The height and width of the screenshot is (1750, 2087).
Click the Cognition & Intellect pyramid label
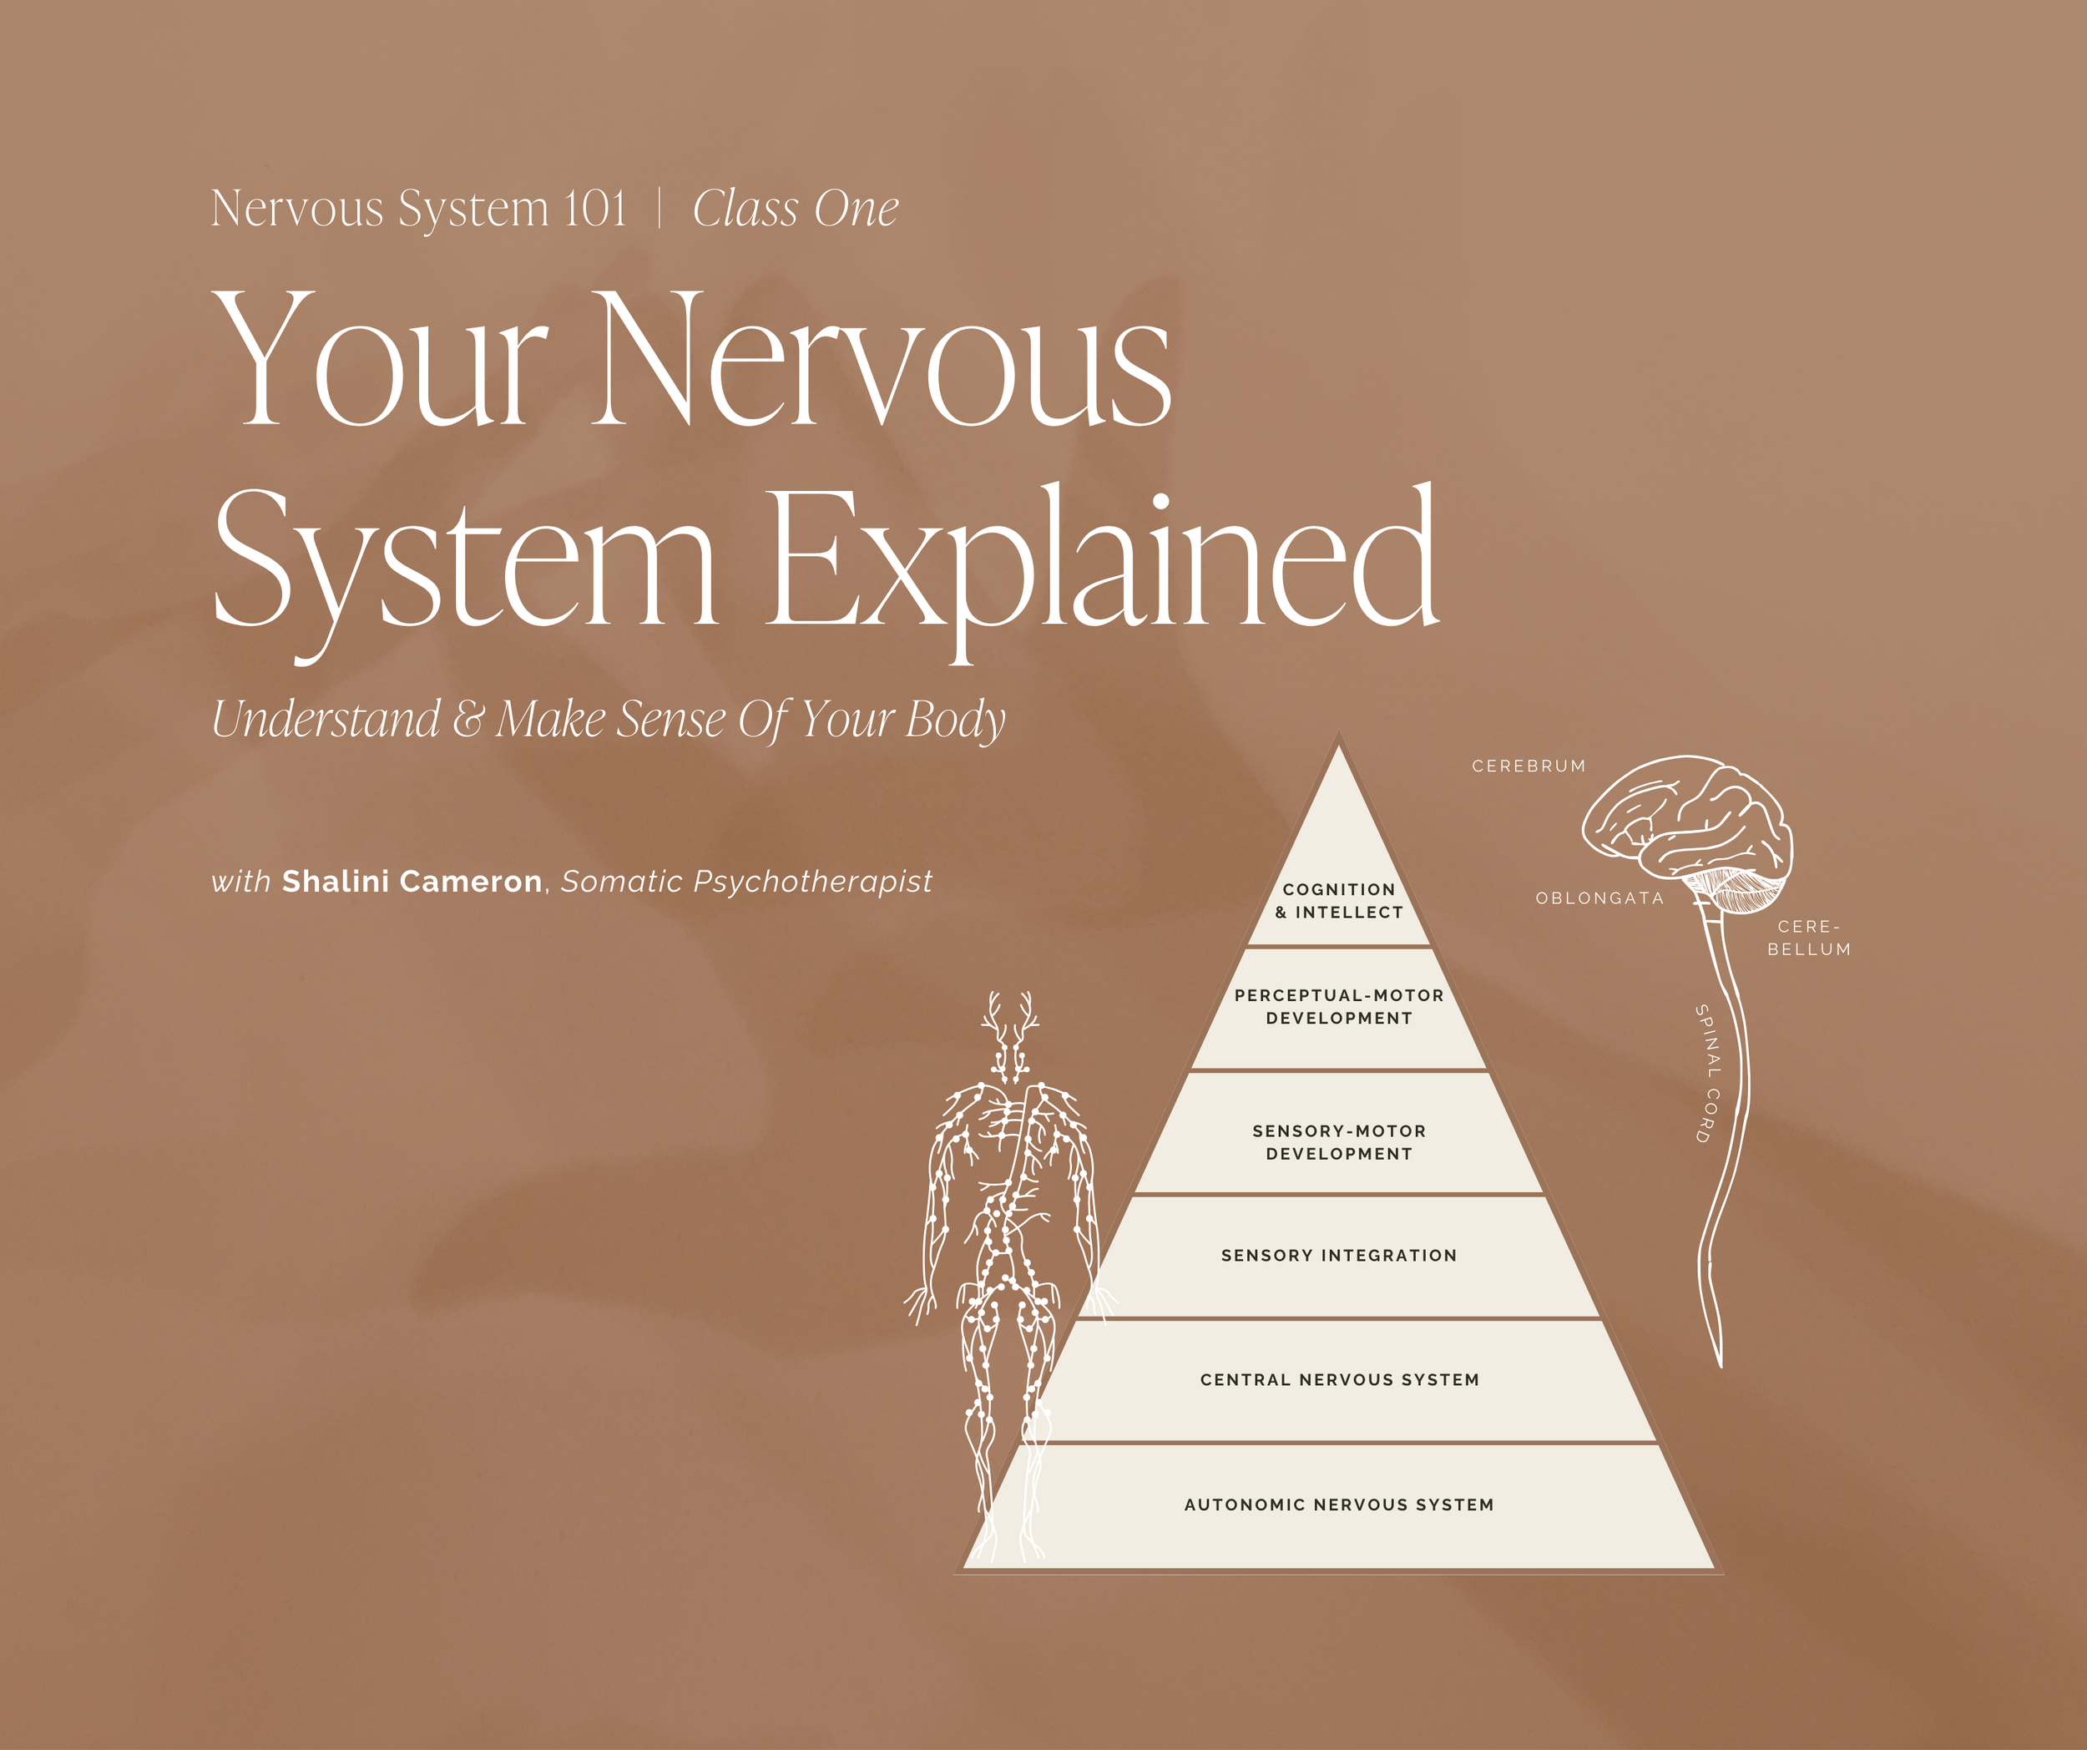click(1339, 900)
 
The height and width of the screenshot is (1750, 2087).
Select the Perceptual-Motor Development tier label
click(1339, 1006)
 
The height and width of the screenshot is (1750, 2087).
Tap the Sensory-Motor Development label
click(1339, 1142)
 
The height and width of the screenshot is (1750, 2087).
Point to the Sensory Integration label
click(1339, 1255)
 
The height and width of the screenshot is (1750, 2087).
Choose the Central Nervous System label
click(1339, 1379)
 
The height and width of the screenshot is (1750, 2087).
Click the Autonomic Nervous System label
click(1339, 1505)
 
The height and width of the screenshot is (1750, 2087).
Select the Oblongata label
click(1599, 898)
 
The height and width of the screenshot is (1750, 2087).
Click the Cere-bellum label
click(1809, 937)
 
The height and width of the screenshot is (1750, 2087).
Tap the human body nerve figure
click(1008, 1242)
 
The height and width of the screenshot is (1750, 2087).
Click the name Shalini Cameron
click(412, 882)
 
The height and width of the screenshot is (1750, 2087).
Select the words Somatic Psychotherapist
click(746, 882)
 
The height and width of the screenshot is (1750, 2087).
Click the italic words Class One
click(795, 209)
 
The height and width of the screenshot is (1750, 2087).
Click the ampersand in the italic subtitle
click(467, 720)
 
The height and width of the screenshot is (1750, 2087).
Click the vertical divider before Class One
click(659, 209)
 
